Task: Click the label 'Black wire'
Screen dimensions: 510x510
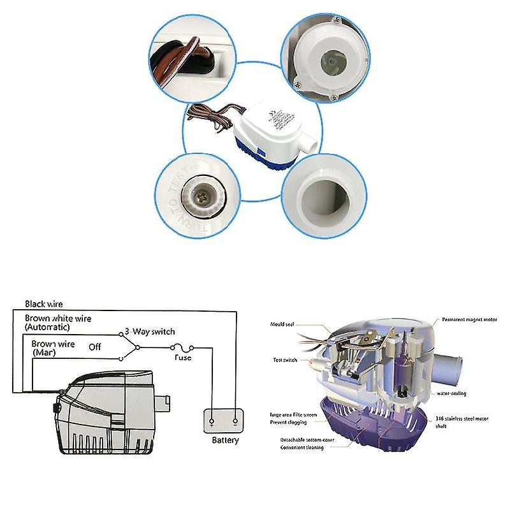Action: [x=44, y=305]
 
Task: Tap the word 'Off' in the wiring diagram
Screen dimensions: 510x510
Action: [x=95, y=348]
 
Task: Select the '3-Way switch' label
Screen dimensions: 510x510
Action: [x=149, y=331]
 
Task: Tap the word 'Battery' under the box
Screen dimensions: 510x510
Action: [x=225, y=440]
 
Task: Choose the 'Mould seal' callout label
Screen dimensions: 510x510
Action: [x=280, y=323]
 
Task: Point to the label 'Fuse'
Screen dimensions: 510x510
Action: [x=183, y=358]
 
